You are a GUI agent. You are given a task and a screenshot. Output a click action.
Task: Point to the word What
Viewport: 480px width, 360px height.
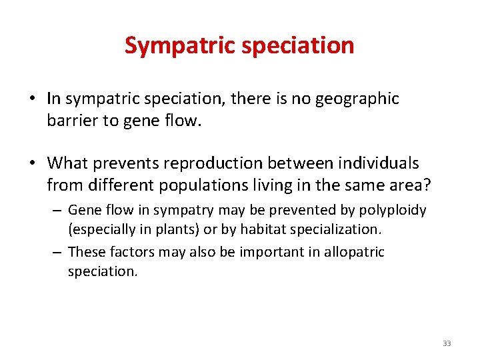pyautogui.click(x=67, y=163)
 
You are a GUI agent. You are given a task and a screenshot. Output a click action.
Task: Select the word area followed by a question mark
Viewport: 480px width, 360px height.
pyautogui.click(x=413, y=185)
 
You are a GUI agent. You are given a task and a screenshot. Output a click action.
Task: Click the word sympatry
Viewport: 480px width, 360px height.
pyautogui.click(x=184, y=210)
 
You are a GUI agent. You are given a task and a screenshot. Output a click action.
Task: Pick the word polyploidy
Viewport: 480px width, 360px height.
pyautogui.click(x=393, y=210)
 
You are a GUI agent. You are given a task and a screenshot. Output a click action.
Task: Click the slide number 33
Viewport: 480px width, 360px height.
pyautogui.click(x=447, y=343)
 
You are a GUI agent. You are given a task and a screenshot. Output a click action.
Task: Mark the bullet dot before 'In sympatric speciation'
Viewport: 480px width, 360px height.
pyautogui.click(x=33, y=100)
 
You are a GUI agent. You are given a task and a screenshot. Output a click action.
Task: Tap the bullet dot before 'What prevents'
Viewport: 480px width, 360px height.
pyautogui.click(x=33, y=163)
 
